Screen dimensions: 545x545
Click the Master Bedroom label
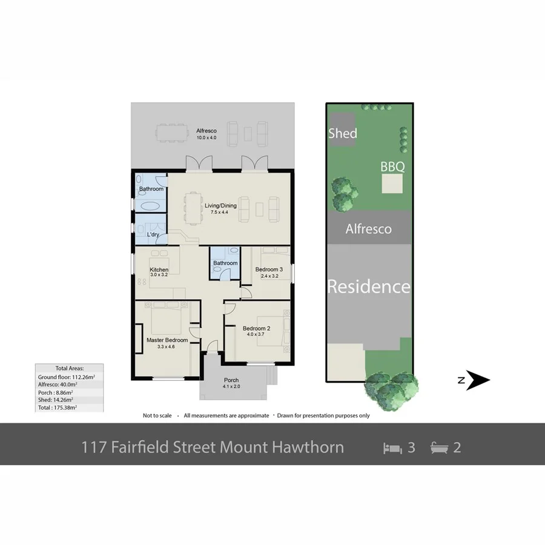[167, 340]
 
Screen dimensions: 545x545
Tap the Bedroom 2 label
[256, 329]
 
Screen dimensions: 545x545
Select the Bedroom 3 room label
[269, 269]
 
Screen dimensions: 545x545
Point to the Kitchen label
[159, 269]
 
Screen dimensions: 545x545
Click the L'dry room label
[153, 234]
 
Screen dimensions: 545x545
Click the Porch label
[232, 380]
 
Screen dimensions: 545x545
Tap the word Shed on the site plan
[343, 133]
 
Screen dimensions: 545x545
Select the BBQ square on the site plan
[392, 183]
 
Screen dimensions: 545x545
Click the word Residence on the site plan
[369, 286]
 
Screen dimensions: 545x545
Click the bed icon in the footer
[392, 448]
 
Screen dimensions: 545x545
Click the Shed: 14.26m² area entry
[56, 400]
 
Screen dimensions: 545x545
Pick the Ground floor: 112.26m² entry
[67, 376]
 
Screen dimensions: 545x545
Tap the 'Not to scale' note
[157, 415]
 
